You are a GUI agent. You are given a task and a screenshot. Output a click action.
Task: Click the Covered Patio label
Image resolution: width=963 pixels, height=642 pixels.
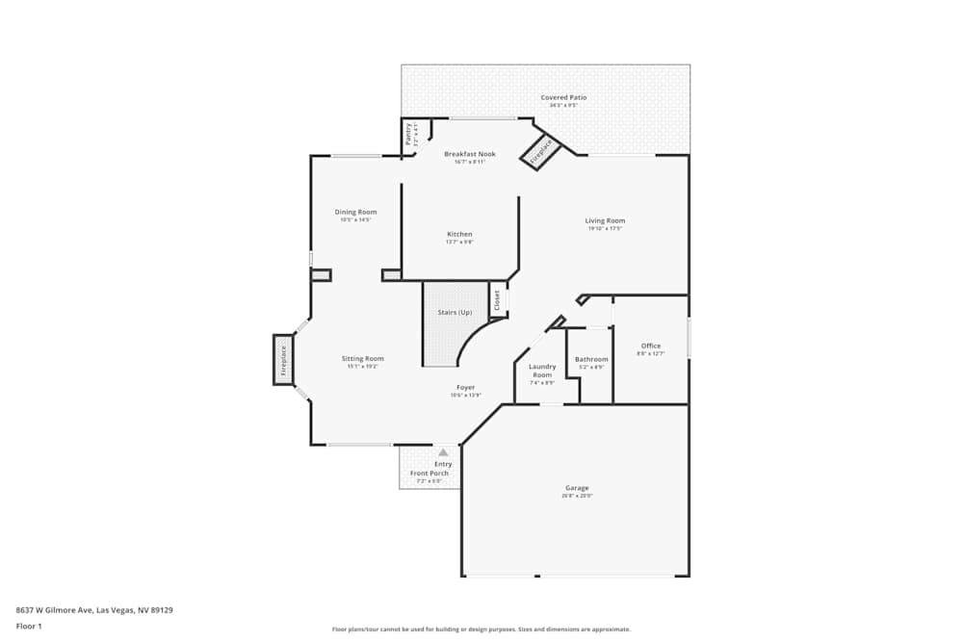tap(563, 97)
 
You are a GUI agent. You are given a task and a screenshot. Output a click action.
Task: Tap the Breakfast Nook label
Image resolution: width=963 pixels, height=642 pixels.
tap(470, 154)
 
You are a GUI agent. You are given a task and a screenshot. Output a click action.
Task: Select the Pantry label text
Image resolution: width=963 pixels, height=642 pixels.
tap(408, 134)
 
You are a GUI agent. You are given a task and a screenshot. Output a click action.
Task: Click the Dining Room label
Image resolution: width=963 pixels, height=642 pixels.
tap(355, 212)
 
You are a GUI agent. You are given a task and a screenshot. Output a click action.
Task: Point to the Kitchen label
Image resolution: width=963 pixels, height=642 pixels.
tap(459, 234)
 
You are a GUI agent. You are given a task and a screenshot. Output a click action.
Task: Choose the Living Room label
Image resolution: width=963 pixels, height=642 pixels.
tap(605, 220)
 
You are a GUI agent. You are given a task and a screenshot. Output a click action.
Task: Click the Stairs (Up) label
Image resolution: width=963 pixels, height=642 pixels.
tap(455, 312)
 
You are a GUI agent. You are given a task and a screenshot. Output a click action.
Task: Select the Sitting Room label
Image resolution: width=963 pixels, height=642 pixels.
tap(362, 358)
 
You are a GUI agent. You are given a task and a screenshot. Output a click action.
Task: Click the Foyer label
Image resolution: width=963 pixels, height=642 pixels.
tap(465, 387)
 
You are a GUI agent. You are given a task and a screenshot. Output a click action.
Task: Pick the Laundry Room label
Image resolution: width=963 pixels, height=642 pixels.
tap(542, 371)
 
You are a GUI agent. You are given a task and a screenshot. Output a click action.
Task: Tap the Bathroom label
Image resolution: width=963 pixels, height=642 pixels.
tap(591, 359)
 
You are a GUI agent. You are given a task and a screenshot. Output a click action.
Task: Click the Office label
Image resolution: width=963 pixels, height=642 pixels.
tap(651, 346)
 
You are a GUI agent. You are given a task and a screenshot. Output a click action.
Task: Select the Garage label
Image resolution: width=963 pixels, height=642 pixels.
tap(577, 488)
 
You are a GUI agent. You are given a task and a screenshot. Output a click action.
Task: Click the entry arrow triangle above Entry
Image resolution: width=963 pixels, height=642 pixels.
tap(443, 451)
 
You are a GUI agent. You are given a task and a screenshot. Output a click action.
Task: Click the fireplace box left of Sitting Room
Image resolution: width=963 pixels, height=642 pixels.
tap(283, 359)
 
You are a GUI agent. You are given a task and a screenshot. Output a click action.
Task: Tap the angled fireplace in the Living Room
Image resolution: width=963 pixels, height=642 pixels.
tap(541, 152)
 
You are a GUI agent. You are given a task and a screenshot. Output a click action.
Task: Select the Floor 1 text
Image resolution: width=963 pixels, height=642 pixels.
tap(29, 626)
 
